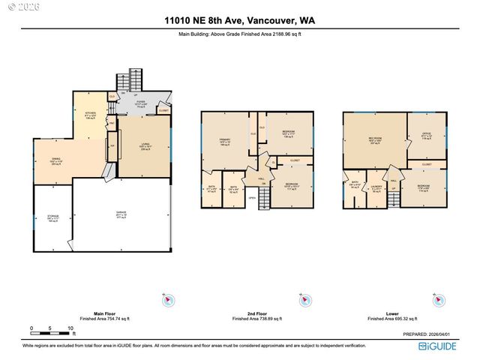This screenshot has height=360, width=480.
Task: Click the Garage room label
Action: coord(121,214)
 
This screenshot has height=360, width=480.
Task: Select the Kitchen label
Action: coord(90,115)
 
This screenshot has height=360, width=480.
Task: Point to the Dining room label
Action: coord(55,160)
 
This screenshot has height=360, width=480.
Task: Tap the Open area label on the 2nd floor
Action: coord(253,198)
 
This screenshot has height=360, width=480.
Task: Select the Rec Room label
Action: coord(373,140)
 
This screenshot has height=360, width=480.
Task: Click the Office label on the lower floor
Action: coord(426,136)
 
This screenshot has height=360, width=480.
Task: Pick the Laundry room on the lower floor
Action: coord(377,189)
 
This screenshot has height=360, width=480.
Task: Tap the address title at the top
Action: coord(240,22)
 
